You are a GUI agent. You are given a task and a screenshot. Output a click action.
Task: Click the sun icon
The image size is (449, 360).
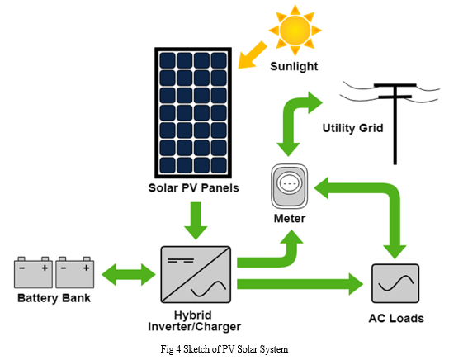pyautogui.click(x=295, y=30)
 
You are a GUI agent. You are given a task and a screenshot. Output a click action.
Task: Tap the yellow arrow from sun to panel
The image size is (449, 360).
pyautogui.click(x=252, y=55)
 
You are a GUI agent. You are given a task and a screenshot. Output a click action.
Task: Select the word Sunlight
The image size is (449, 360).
pyautogui.click(x=294, y=67)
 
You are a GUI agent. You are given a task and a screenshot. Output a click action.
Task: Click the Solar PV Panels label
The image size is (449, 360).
pyautogui.click(x=194, y=188)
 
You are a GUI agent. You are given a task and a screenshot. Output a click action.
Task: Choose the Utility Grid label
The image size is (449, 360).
pyautogui.click(x=352, y=128)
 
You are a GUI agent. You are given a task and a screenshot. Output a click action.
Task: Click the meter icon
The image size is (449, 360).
pyautogui.click(x=290, y=186)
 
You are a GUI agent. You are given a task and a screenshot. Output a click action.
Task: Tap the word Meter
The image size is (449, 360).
pyautogui.click(x=290, y=219)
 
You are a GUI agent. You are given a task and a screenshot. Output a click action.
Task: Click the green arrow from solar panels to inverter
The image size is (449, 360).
pyautogui.click(x=196, y=220)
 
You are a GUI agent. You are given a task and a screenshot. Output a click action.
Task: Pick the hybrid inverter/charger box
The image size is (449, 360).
pyautogui.click(x=196, y=274)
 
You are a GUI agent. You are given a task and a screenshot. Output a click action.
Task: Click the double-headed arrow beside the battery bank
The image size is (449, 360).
pyautogui.click(x=129, y=275)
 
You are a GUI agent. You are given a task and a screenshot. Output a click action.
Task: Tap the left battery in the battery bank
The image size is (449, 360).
pyautogui.click(x=33, y=272)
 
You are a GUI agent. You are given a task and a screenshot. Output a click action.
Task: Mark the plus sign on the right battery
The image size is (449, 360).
pyautogui.click(x=86, y=268)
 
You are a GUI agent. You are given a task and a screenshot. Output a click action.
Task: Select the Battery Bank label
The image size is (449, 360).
pyautogui.click(x=54, y=298)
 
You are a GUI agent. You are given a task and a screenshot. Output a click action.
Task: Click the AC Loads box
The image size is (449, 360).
pyautogui.click(x=395, y=283)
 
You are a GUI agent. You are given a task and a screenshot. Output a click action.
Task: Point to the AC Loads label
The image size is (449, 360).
pyautogui.click(x=396, y=319)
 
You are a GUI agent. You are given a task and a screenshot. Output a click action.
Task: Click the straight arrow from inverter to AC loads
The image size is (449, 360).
pyautogui.click(x=300, y=284)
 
